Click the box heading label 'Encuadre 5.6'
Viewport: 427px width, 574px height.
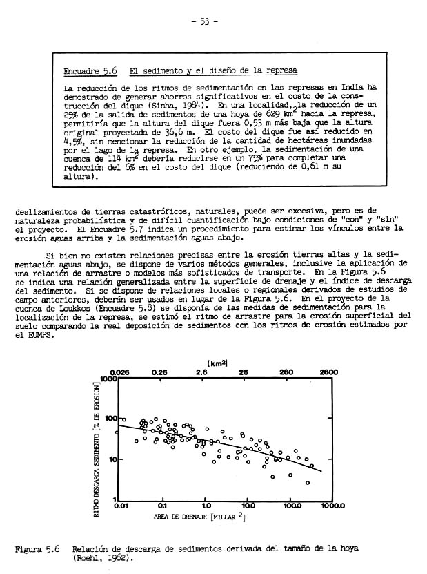click(84, 70)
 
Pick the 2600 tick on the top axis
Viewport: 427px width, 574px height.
click(328, 372)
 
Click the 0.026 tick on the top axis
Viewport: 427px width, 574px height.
click(119, 372)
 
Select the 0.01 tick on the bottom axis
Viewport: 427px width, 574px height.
click(121, 506)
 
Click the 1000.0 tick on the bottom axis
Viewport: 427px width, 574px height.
click(331, 506)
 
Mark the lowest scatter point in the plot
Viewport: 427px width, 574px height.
click(307, 482)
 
